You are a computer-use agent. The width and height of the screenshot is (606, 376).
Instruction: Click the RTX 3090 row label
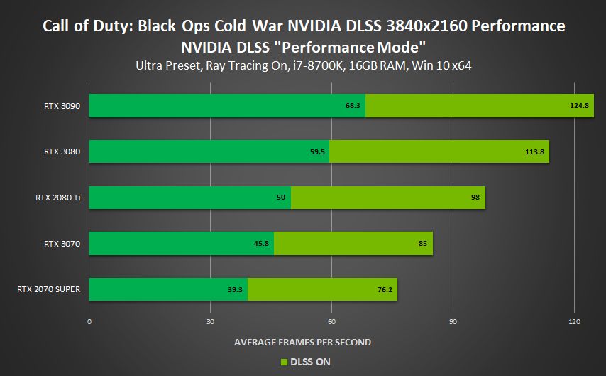pyautogui.click(x=61, y=106)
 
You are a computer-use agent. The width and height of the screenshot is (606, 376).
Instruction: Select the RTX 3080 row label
pyautogui.click(x=61, y=151)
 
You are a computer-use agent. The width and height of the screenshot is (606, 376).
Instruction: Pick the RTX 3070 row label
pyautogui.click(x=61, y=243)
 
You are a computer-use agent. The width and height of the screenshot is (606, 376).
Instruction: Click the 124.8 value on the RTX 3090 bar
pyautogui.click(x=579, y=106)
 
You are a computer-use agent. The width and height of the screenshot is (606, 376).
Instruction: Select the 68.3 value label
pyautogui.click(x=354, y=106)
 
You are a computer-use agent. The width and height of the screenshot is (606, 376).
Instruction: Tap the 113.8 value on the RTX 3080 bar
pyautogui.click(x=534, y=151)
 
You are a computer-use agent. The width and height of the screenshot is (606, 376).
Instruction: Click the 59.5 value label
pyautogui.click(x=317, y=151)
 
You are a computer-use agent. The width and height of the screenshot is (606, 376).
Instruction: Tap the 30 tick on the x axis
pyautogui.click(x=210, y=322)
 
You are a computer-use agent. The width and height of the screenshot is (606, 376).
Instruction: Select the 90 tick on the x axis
pyautogui.click(x=453, y=322)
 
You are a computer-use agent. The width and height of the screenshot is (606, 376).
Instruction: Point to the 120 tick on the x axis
pyautogui.click(x=574, y=322)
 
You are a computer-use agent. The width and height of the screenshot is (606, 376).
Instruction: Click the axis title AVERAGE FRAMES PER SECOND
pyautogui.click(x=302, y=343)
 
